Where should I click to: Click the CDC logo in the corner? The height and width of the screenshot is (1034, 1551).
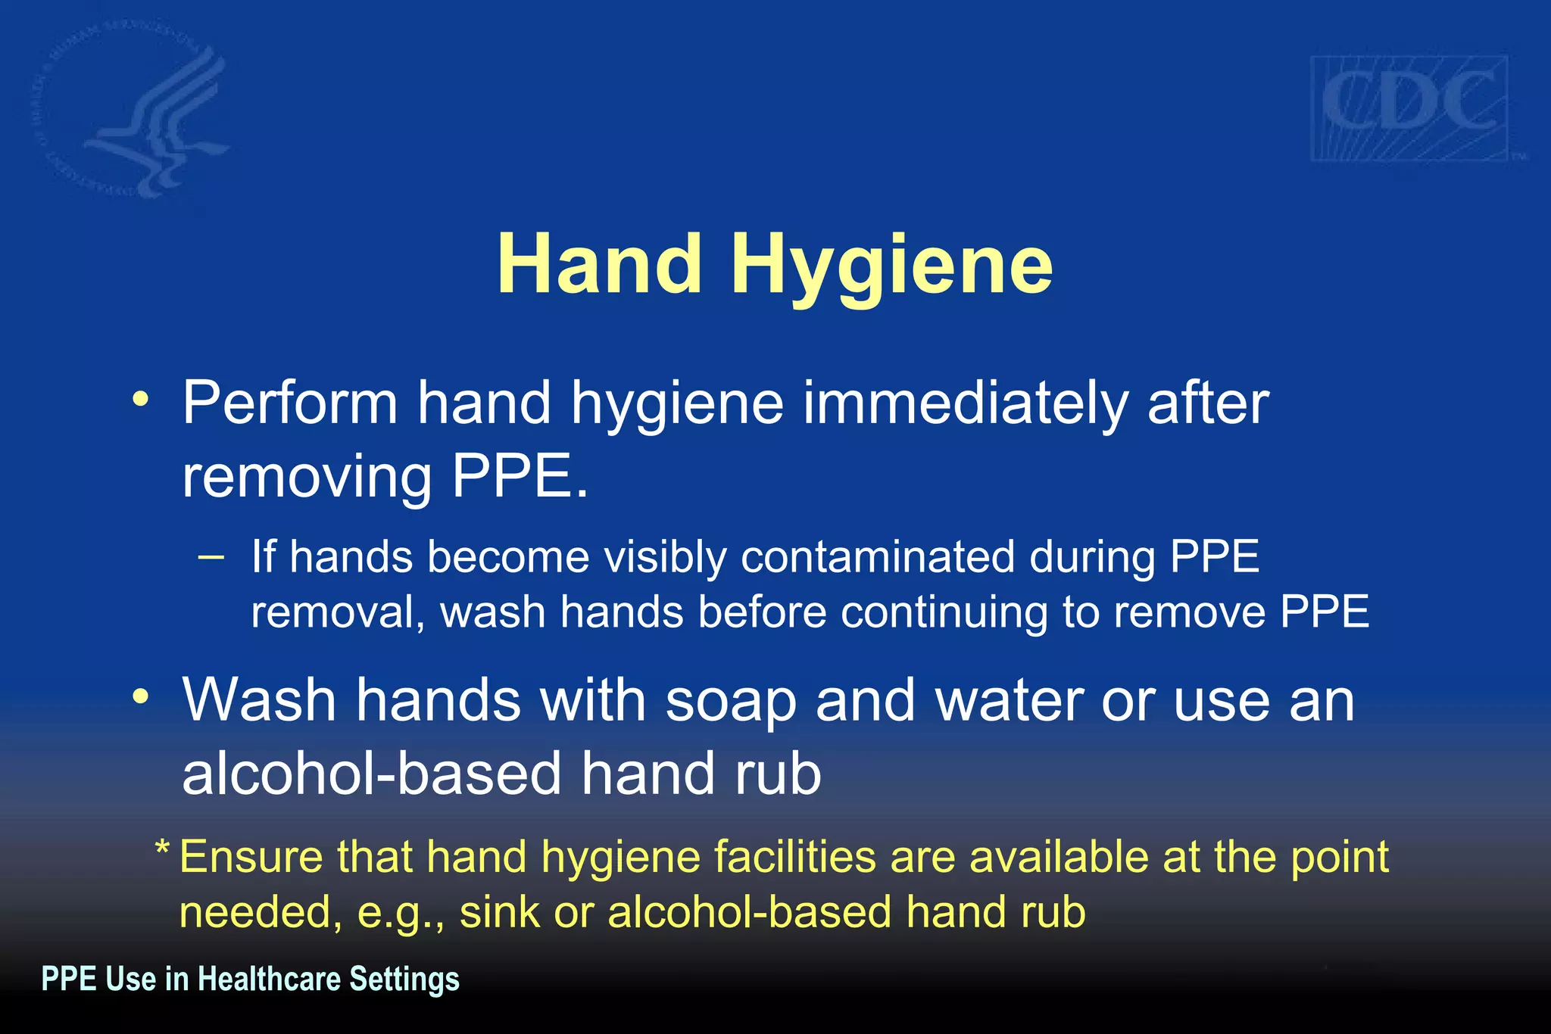pyautogui.click(x=1409, y=107)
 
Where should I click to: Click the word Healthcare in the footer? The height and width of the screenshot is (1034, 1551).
pyautogui.click(x=269, y=979)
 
